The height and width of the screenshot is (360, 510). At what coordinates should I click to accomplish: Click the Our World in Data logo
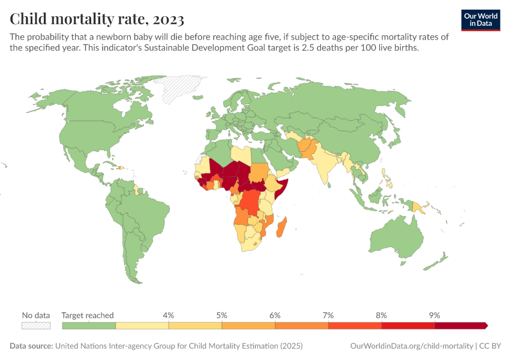480,20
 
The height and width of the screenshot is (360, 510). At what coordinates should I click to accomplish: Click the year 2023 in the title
164,19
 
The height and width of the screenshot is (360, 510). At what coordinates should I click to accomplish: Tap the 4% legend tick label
169,315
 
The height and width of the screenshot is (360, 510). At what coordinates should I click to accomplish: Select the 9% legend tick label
434,315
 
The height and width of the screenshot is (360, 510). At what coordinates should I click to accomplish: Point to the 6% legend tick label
275,315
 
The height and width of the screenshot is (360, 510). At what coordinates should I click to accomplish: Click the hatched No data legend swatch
36,326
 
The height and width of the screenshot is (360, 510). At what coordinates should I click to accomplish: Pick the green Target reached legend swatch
89,326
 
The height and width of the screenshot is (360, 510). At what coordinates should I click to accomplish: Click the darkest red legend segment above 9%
460,326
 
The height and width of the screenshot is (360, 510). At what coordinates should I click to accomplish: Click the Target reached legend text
88,315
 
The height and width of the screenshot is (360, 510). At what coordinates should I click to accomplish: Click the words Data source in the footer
31,346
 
